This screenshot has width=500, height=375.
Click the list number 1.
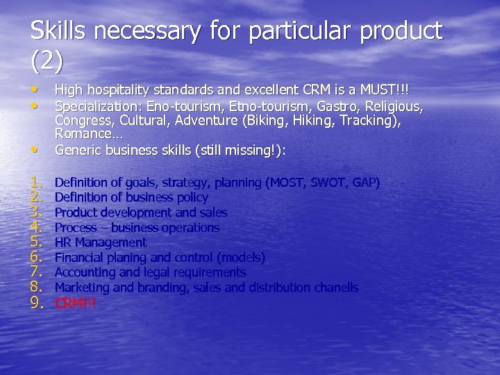click(x=37, y=183)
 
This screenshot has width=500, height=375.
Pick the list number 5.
click(x=37, y=242)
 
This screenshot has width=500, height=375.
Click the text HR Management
click(x=101, y=242)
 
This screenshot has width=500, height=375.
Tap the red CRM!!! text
click(x=75, y=303)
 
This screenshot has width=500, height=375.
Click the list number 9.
click(x=37, y=303)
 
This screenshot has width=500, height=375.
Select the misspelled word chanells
click(x=333, y=287)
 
